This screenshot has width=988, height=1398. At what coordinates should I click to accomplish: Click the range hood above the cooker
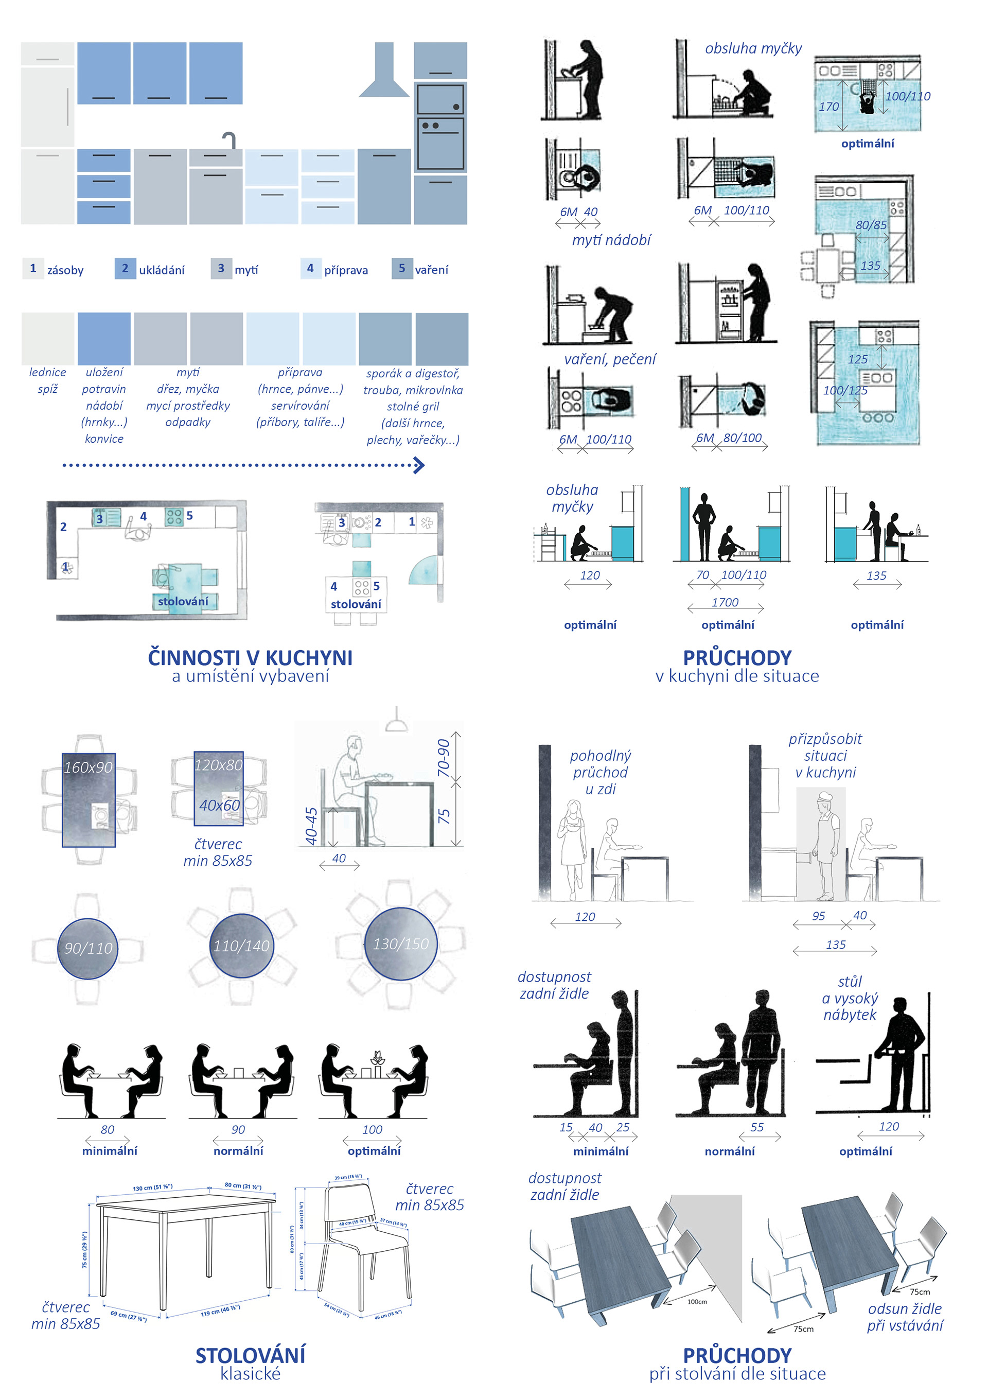[383, 73]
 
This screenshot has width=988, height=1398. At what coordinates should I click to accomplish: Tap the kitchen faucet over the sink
[229, 139]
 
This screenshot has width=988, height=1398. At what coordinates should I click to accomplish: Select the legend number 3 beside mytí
[220, 269]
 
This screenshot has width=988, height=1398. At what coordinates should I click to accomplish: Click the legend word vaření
[431, 270]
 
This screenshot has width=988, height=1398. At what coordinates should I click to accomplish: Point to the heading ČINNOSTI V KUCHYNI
[250, 658]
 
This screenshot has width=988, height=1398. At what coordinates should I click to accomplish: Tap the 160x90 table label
[89, 767]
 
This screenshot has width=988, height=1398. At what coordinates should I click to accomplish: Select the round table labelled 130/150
[400, 944]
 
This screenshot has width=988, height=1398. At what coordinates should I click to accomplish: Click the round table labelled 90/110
[89, 948]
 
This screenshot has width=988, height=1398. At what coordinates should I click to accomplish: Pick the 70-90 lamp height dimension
[444, 758]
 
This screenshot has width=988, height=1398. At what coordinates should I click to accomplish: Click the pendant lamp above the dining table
[396, 722]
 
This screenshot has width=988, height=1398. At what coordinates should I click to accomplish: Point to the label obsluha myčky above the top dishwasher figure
[753, 49]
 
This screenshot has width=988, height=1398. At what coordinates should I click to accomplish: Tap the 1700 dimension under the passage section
[725, 602]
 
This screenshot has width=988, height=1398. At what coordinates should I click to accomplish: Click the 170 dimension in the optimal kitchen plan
[828, 107]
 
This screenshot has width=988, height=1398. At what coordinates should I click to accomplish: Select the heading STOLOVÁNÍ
[250, 1356]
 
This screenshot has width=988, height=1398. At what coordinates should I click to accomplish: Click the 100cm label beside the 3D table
[697, 1302]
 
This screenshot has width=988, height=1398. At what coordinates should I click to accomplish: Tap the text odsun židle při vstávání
[905, 1317]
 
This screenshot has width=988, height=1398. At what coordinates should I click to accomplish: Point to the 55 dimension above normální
[756, 1127]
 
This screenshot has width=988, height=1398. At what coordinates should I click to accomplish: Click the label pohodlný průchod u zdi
[600, 772]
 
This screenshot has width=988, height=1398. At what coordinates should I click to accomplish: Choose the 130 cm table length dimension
[153, 1188]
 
